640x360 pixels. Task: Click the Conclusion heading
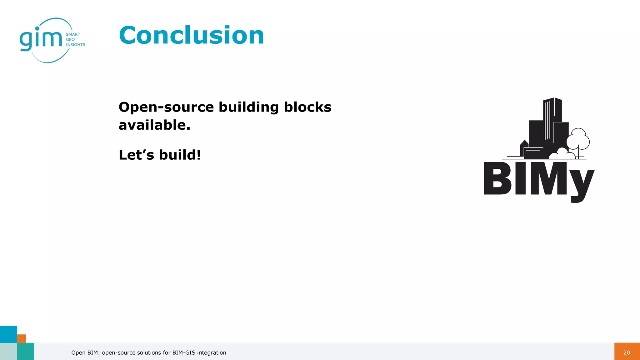point(191,35)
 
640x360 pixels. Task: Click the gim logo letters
point(41,39)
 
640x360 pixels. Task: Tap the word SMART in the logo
point(73,34)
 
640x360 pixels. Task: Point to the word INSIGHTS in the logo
point(75,45)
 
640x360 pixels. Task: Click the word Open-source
point(166,107)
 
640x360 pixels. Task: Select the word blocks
point(307,107)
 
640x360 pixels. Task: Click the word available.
point(154,125)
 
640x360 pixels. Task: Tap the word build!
point(180,155)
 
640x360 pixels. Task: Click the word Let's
point(136,155)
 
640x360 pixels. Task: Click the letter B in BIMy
point(497,179)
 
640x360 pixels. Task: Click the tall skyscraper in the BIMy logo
point(552,119)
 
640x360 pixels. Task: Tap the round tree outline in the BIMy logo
point(578,139)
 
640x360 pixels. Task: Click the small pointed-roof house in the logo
point(524,147)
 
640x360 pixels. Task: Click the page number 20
point(627,352)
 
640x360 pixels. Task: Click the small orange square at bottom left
point(21,338)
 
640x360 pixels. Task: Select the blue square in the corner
point(8,334)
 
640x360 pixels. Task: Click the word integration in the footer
point(212,352)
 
